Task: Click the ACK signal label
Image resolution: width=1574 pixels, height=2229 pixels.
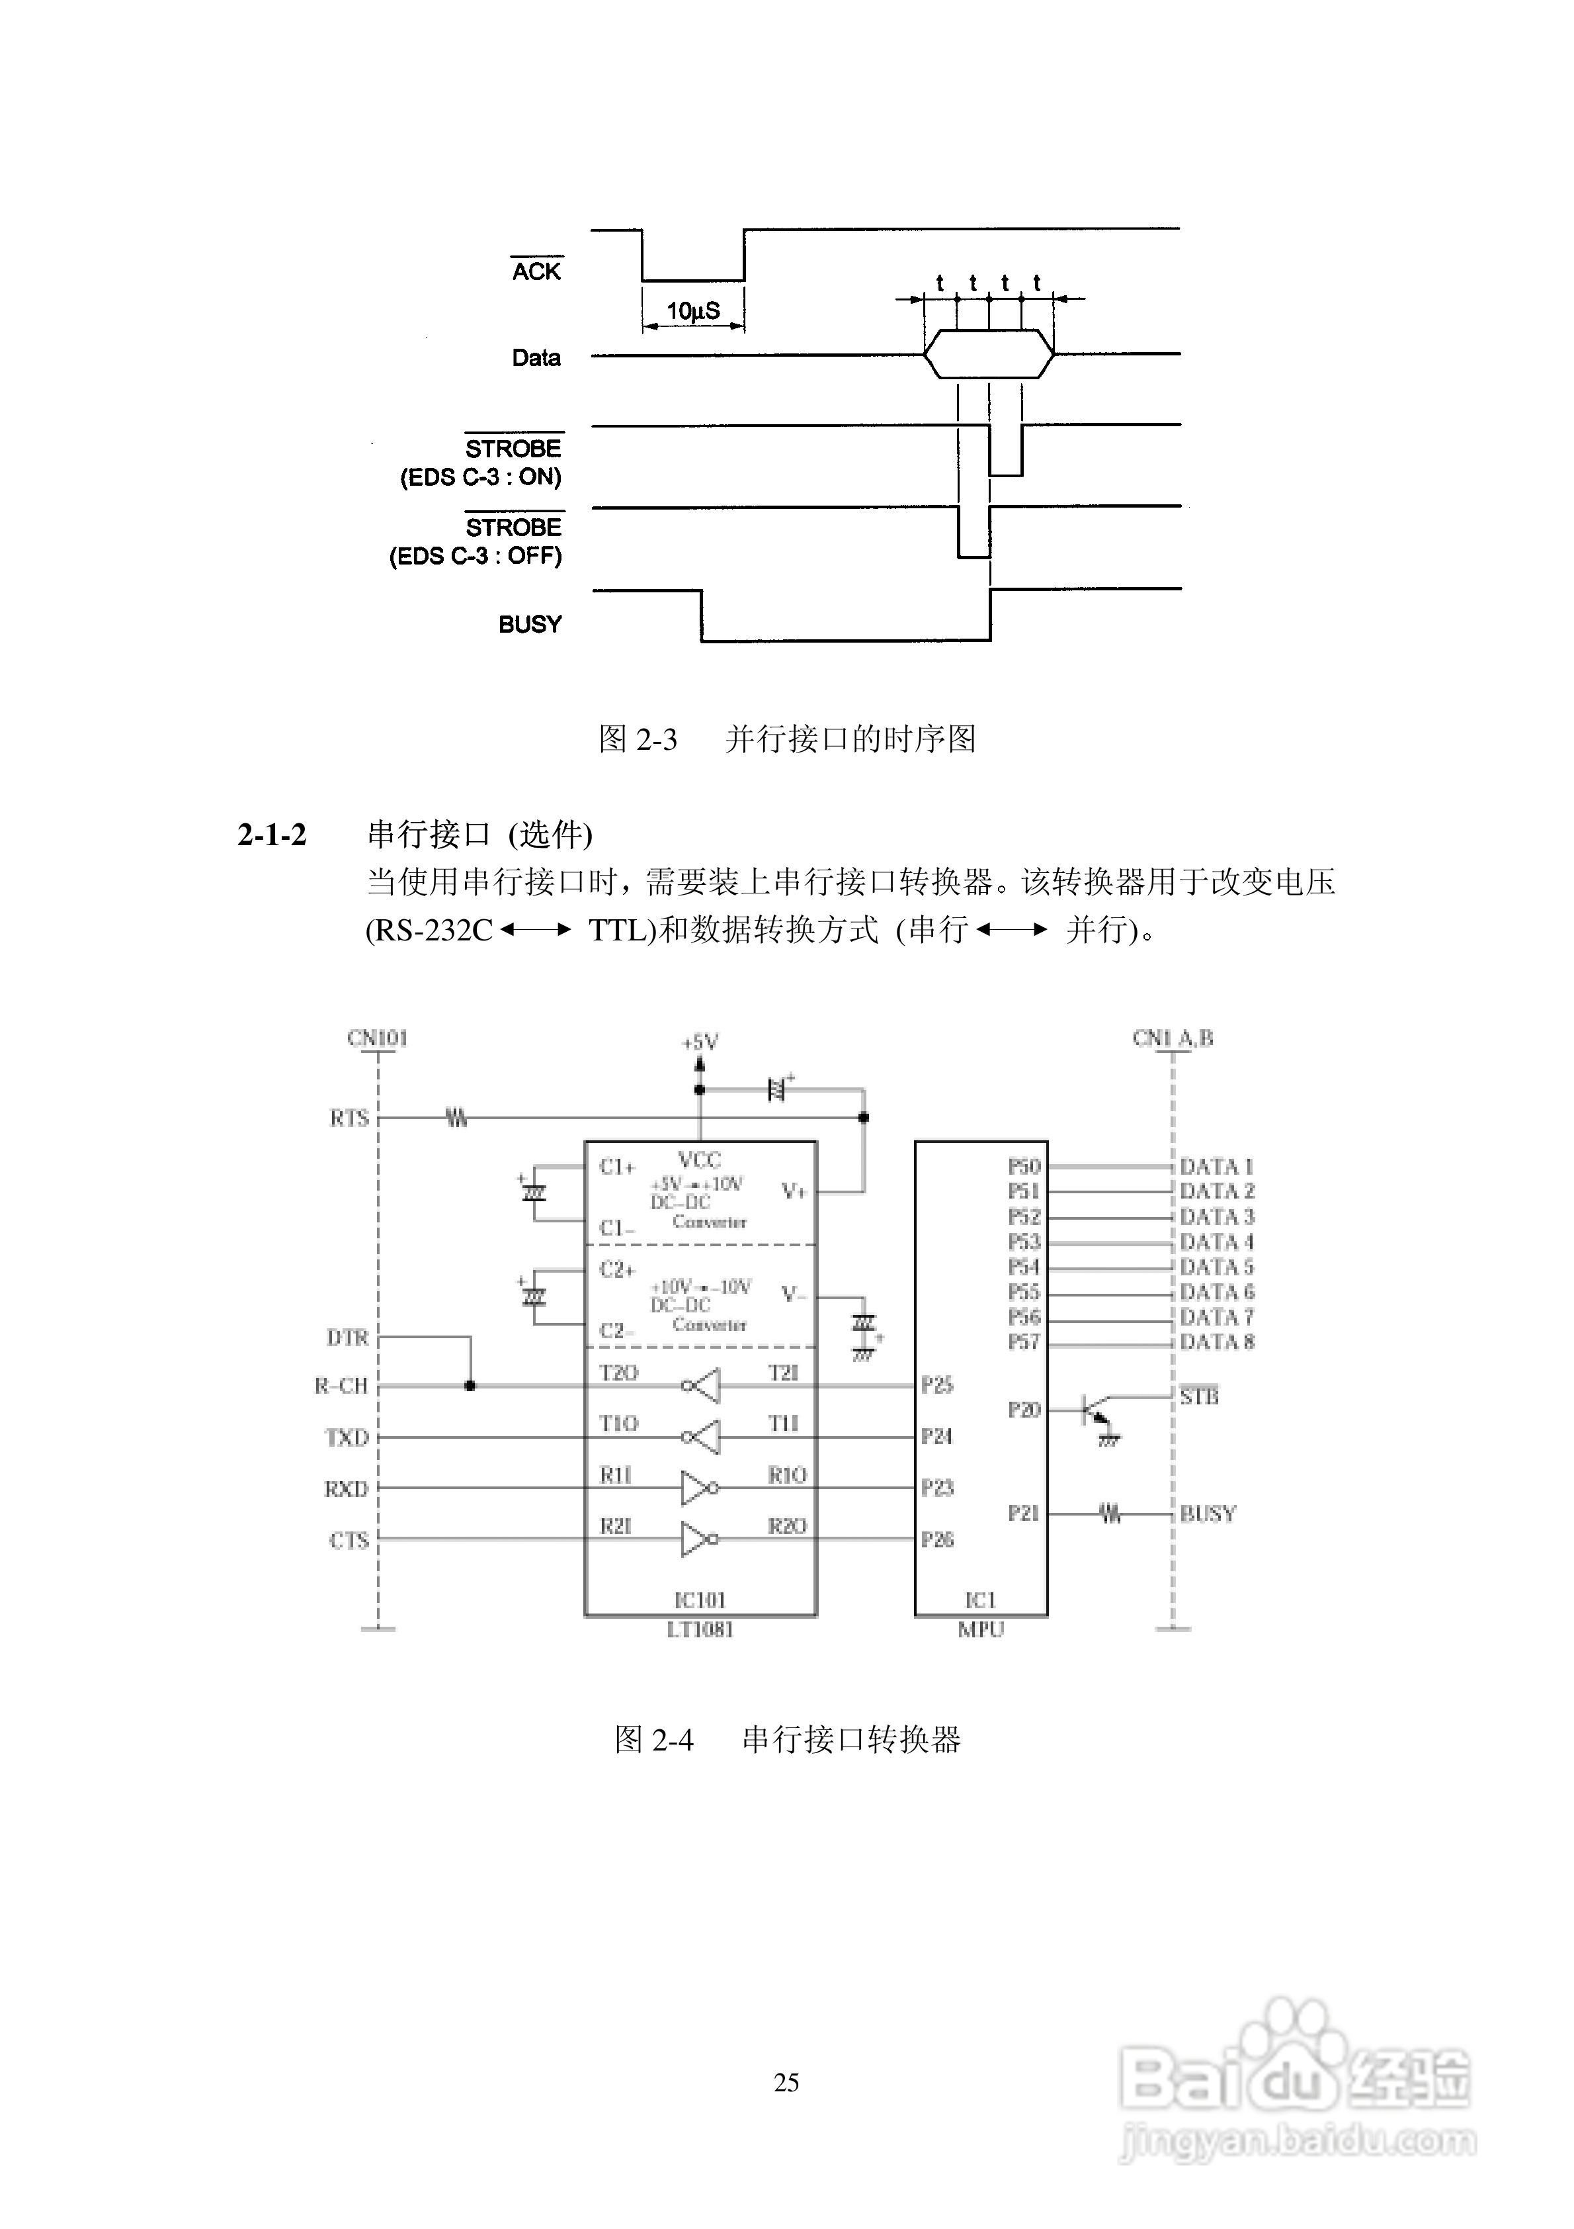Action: tap(536, 272)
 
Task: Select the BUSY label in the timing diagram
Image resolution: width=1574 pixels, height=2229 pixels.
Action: tap(530, 624)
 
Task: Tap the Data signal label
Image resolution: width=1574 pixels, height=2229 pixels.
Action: tap(536, 358)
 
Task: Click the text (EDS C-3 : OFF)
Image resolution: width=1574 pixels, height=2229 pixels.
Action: tap(476, 557)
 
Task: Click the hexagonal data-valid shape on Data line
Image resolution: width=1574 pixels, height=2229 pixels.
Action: tap(988, 354)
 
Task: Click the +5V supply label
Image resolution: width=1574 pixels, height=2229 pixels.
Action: tap(700, 1042)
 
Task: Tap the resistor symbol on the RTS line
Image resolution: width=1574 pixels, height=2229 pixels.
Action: tap(456, 1118)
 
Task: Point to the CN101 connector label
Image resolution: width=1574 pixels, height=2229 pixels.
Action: tap(378, 1038)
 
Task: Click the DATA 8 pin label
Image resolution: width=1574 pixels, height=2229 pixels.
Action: tap(1217, 1342)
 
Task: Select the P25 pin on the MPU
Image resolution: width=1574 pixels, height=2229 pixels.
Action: tap(936, 1385)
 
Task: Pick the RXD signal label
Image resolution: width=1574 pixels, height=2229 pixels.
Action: tap(347, 1489)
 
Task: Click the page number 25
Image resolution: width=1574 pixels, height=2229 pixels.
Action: tap(786, 2081)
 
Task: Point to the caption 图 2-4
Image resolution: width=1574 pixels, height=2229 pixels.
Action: tap(653, 1739)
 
